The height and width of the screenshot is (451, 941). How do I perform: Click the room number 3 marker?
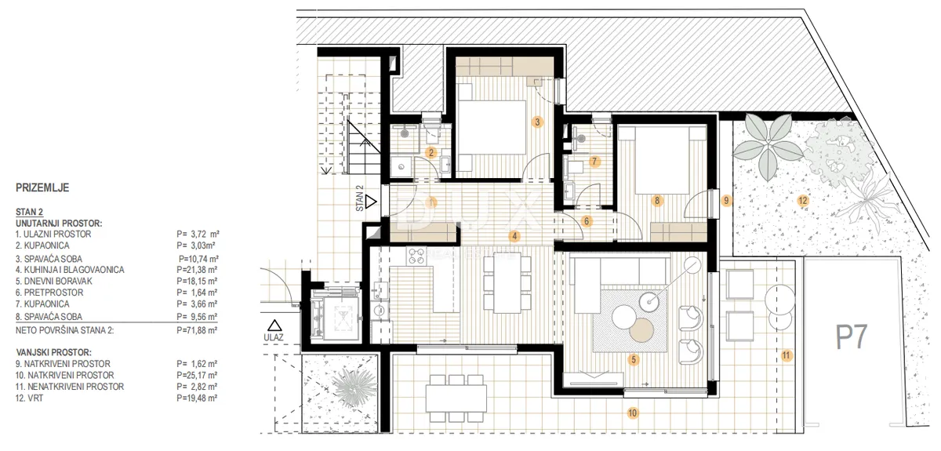(x=537, y=122)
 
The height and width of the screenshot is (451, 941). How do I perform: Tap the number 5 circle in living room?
(x=634, y=360)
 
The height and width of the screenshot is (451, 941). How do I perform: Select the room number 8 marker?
(x=657, y=201)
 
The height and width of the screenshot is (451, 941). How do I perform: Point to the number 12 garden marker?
(x=803, y=201)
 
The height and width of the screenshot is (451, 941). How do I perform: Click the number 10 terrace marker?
(x=632, y=413)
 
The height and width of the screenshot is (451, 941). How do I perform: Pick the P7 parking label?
(x=851, y=337)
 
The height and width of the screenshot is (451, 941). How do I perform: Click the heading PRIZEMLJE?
(x=42, y=187)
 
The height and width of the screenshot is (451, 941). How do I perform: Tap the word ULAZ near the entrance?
(x=274, y=337)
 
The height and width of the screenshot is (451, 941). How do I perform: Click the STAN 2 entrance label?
(x=360, y=198)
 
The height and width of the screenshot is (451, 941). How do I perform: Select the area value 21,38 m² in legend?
(x=197, y=270)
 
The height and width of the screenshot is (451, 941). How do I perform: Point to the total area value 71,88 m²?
(x=197, y=330)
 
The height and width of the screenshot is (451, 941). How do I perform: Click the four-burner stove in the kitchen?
(x=416, y=256)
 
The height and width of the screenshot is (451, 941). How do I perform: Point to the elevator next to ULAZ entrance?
(x=336, y=314)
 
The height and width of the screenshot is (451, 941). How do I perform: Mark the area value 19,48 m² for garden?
(x=197, y=398)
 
